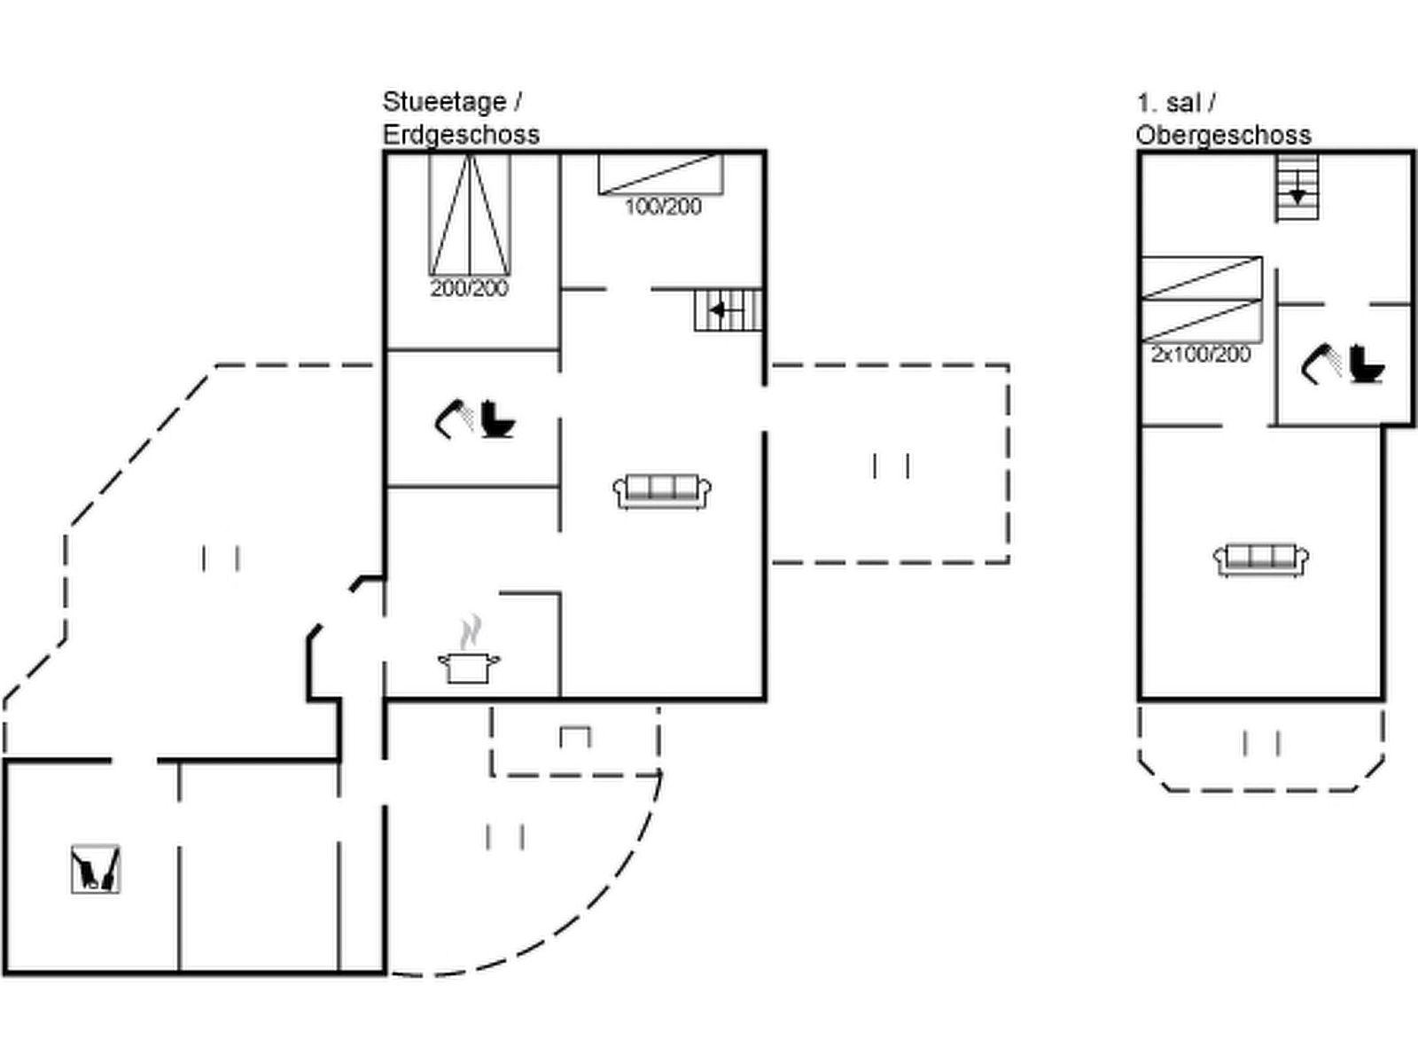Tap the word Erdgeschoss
[x=461, y=135]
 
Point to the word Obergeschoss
[x=1223, y=135]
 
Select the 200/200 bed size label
[x=469, y=288]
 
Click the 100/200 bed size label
[x=663, y=207]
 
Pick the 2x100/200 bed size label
[x=1200, y=355]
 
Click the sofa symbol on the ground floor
[x=662, y=491]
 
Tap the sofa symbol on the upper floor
[x=1260, y=559]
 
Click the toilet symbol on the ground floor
[x=497, y=419]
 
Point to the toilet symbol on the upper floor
[x=1366, y=364]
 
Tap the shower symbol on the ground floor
[x=454, y=419]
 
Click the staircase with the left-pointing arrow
[x=728, y=310]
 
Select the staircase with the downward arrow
[x=1297, y=187]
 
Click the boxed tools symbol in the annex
[x=96, y=869]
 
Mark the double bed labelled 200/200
[x=469, y=215]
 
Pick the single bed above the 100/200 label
[x=660, y=174]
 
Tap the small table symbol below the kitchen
[x=575, y=737]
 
